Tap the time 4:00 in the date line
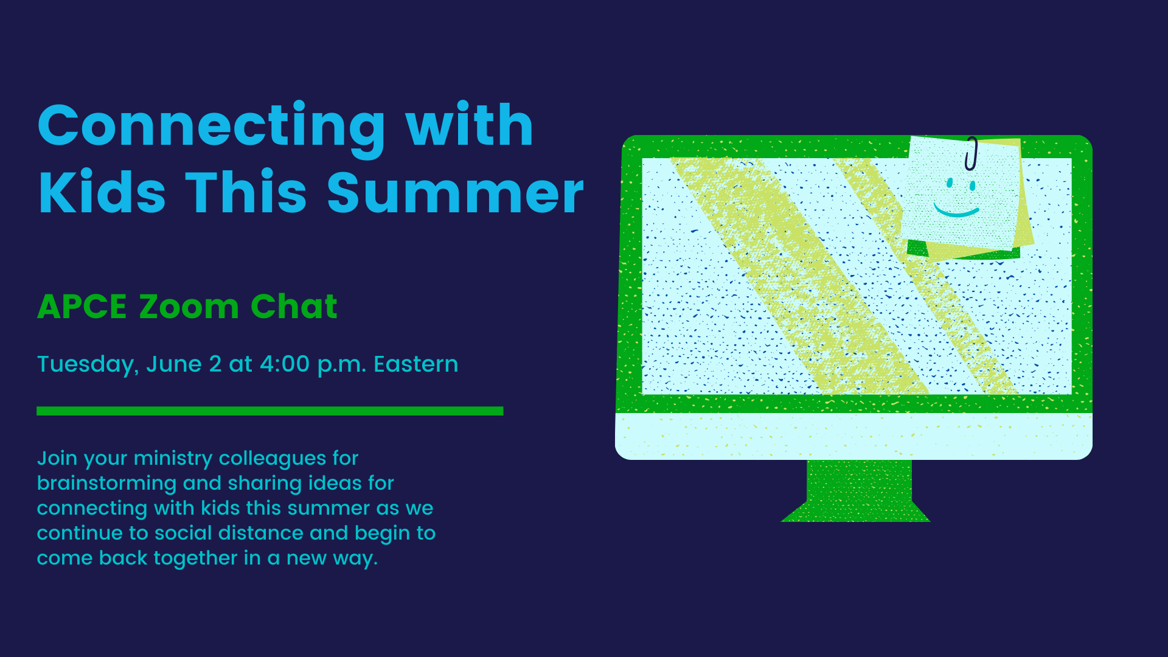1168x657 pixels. [285, 364]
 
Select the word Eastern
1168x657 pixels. [416, 364]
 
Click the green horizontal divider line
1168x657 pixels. [270, 411]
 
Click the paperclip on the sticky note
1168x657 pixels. [971, 153]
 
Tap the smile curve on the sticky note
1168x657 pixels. [956, 211]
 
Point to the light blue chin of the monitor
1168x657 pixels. [854, 436]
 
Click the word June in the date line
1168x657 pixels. [174, 364]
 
